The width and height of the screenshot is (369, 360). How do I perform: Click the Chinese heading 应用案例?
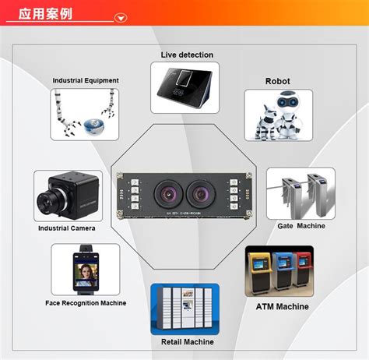pyautogui.click(x=45, y=13)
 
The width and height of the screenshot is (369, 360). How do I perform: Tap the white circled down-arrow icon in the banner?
pyautogui.click(x=121, y=18)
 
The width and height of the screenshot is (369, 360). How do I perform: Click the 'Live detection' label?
pyautogui.click(x=187, y=55)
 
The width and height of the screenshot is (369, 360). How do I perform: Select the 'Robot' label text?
pyautogui.click(x=277, y=81)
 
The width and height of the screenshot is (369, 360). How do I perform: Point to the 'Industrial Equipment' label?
pyautogui.click(x=86, y=80)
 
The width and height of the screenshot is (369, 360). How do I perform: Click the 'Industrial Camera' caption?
pyautogui.click(x=67, y=228)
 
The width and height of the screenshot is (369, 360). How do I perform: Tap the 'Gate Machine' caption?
pyautogui.click(x=301, y=226)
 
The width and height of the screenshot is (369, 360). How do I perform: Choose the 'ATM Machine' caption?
pyautogui.click(x=283, y=307)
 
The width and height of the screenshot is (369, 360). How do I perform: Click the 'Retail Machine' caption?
pyautogui.click(x=188, y=342)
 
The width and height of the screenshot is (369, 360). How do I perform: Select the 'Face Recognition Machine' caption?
pyautogui.click(x=86, y=303)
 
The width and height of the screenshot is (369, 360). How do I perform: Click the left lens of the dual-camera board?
pyautogui.click(x=168, y=193)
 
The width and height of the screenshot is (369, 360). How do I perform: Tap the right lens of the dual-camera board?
pyautogui.click(x=200, y=193)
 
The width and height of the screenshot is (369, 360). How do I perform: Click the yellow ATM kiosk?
pyautogui.click(x=259, y=272)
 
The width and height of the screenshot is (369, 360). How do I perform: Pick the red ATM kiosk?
pyautogui.click(x=303, y=269)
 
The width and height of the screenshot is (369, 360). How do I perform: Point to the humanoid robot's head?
pyautogui.click(x=287, y=102)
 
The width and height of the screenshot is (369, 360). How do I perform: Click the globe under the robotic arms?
pyautogui.click(x=94, y=127)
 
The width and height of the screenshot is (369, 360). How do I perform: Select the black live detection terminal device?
pyautogui.click(x=184, y=87)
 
